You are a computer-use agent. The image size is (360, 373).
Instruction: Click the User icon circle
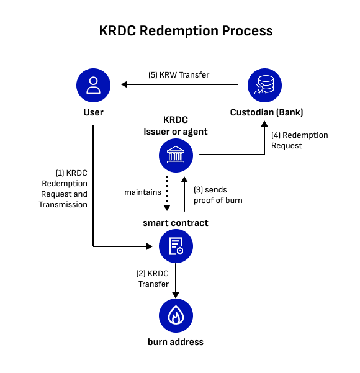click(x=93, y=85)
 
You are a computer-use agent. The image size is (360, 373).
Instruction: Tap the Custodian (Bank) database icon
click(x=264, y=85)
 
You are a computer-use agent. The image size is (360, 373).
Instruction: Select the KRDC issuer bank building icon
click(x=176, y=155)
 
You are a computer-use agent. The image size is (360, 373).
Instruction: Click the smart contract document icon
click(x=176, y=246)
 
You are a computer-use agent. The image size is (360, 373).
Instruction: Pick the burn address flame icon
click(x=176, y=315)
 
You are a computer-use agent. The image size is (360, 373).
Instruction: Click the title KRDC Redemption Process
click(x=186, y=31)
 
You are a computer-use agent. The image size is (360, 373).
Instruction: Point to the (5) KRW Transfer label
click(x=179, y=75)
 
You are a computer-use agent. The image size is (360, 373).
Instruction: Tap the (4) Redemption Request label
click(x=300, y=140)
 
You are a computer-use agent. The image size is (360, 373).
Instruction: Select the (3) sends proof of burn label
click(x=218, y=195)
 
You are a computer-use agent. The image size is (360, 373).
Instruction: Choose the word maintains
click(x=143, y=192)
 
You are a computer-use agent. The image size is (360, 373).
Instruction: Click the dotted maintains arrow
click(x=167, y=193)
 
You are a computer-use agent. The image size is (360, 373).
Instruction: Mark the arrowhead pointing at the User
click(x=124, y=84)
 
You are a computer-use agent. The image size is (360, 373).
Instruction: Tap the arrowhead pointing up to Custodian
click(x=264, y=124)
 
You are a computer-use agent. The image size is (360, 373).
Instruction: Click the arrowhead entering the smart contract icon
click(x=150, y=246)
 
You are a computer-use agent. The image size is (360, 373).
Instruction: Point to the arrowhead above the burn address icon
click(x=176, y=295)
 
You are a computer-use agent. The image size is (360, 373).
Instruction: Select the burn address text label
click(x=176, y=342)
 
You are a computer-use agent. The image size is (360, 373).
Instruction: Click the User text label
click(x=94, y=112)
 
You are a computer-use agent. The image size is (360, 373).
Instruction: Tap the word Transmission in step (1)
click(x=63, y=205)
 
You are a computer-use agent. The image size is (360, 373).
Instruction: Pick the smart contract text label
click(x=176, y=223)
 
